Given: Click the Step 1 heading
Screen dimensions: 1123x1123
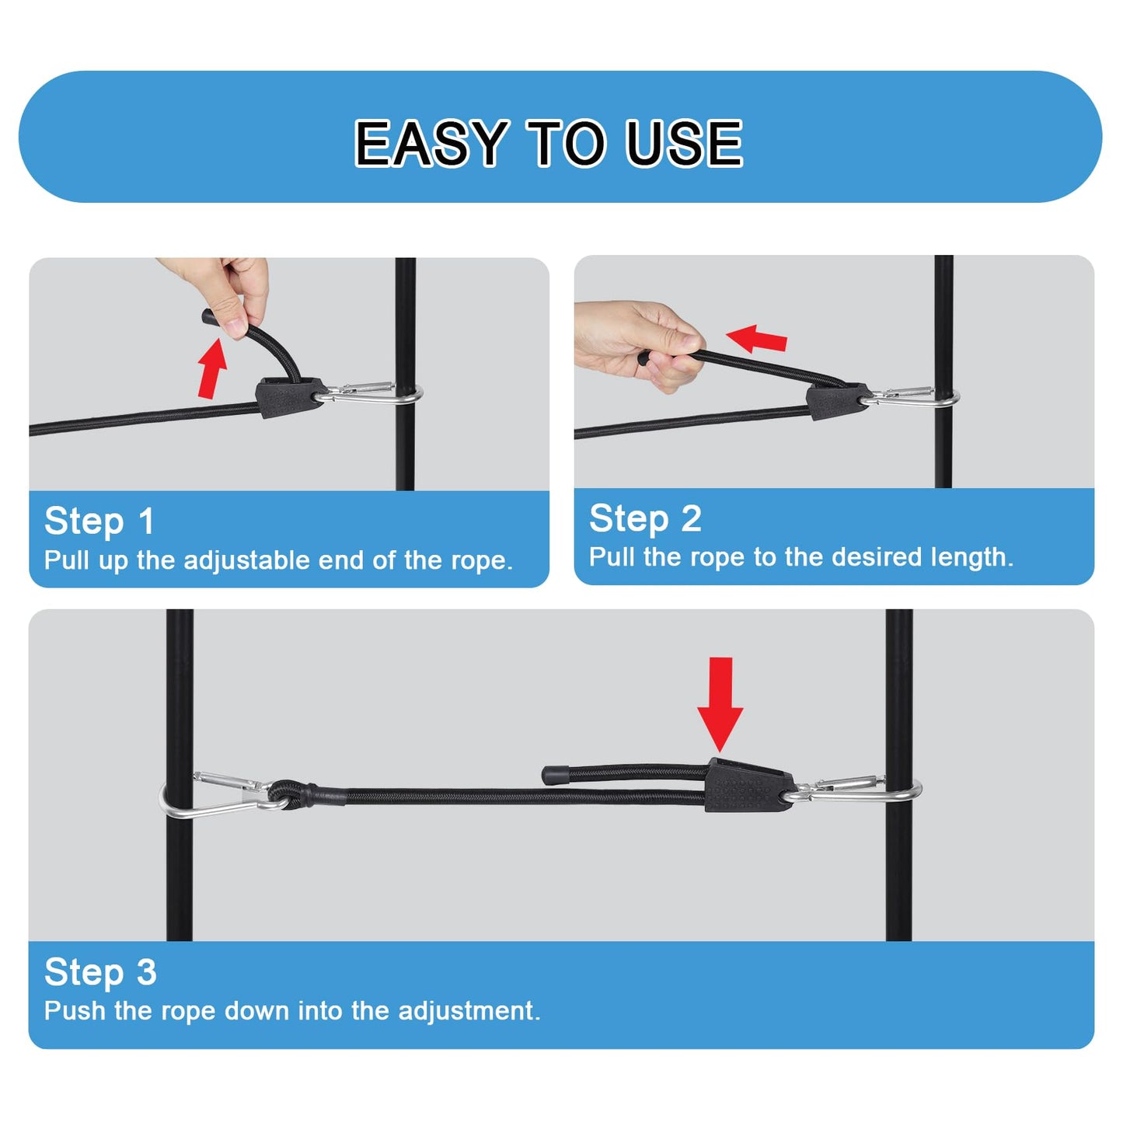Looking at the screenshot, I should click(x=99, y=521).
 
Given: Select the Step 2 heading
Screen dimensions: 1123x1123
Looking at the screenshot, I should click(x=645, y=518).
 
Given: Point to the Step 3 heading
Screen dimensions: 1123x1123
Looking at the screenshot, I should click(x=100, y=971).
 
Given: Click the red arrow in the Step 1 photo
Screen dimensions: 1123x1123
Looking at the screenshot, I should click(x=211, y=367).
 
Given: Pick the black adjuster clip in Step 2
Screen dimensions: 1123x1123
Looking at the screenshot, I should click(x=836, y=399).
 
